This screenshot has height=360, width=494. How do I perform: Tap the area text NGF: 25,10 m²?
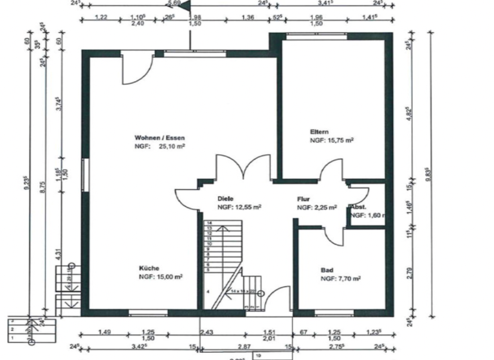tap(159, 147)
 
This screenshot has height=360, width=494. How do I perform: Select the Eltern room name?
tap(319, 131)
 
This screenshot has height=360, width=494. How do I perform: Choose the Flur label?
tap(304, 199)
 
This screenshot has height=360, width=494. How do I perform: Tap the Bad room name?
tap(327, 270)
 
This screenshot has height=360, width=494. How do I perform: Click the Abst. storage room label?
tap(358, 207)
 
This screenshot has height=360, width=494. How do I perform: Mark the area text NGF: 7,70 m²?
tap(340, 279)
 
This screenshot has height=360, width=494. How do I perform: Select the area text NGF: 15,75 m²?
tap(332, 139)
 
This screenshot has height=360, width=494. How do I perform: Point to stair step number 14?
tap(209, 222)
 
